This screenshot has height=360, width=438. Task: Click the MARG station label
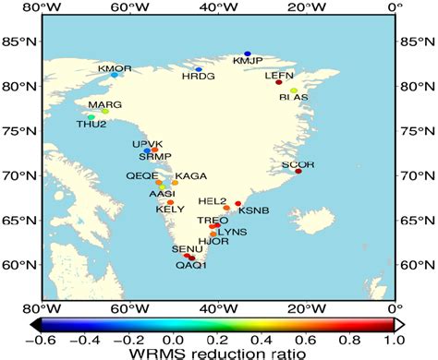click(104, 105)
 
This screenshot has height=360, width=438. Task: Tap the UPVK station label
click(148, 144)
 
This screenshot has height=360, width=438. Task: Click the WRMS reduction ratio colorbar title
click(218, 353)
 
